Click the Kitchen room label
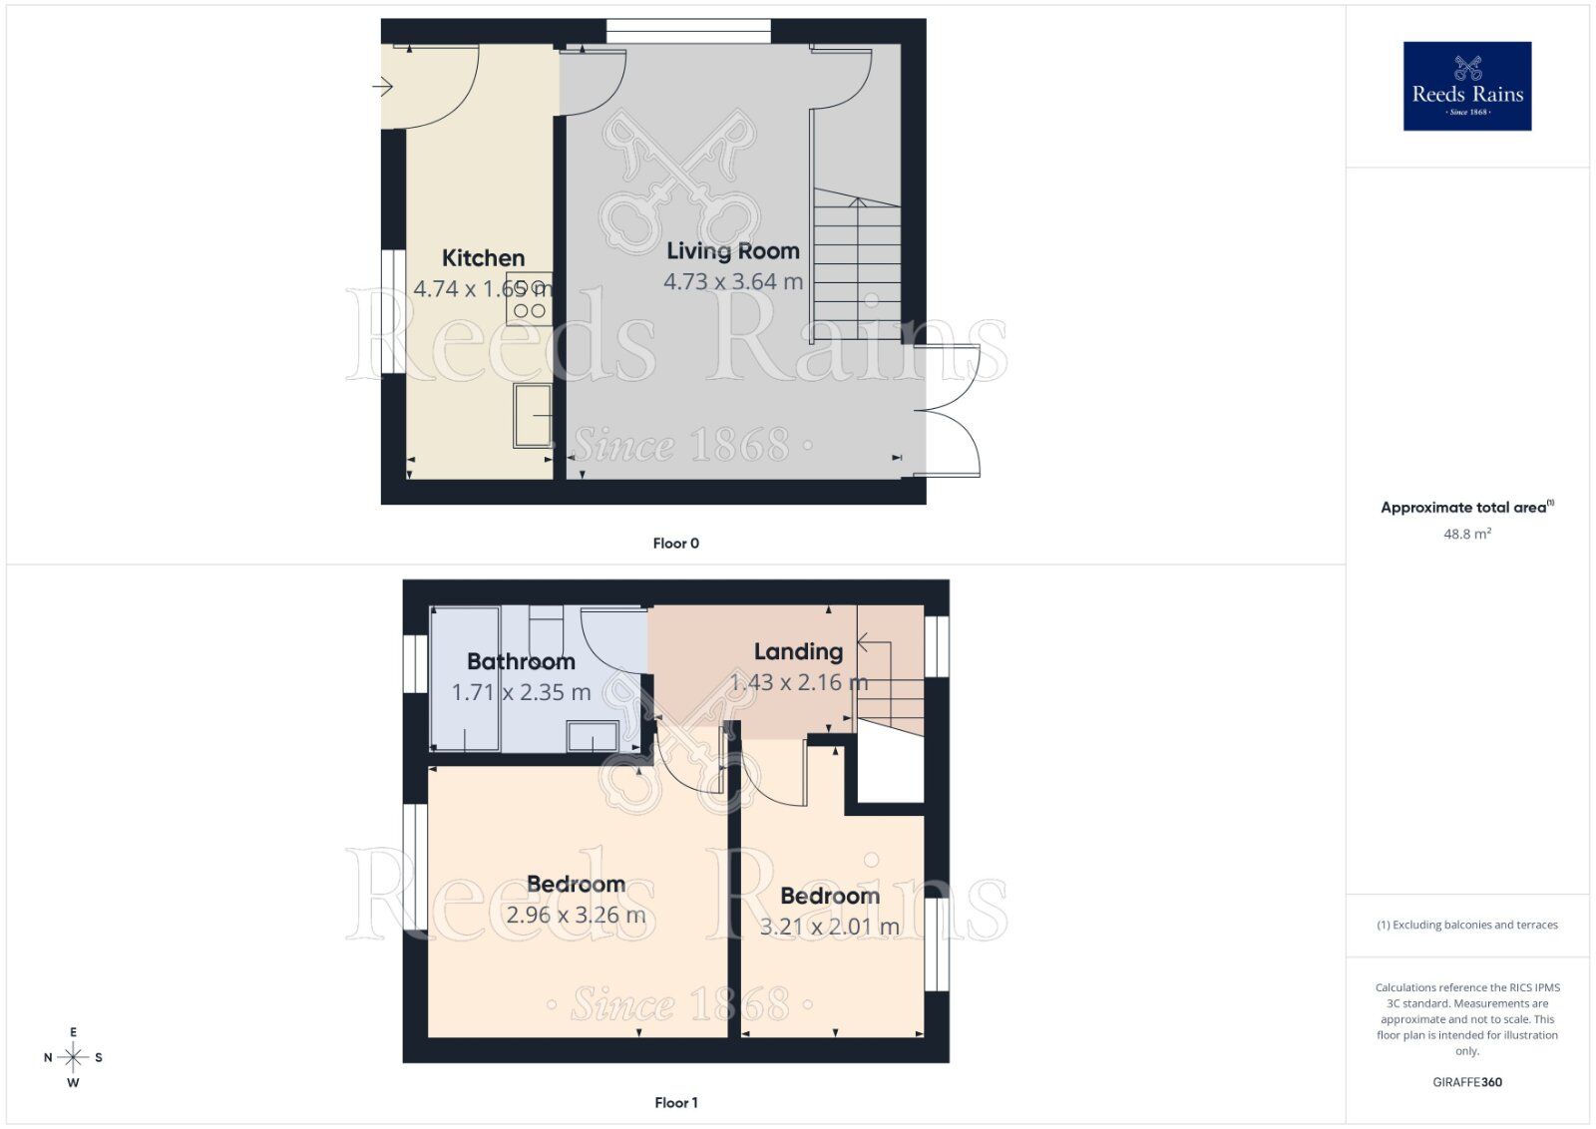point(483,258)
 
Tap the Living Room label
point(733,251)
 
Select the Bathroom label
point(521,661)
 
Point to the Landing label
point(798,651)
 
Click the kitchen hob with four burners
point(530,298)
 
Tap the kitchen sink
point(533,415)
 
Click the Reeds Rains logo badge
point(1466,86)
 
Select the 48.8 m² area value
point(1466,535)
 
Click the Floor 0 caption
point(675,544)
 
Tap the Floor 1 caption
point(675,1102)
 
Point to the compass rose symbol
point(73,1057)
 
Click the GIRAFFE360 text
point(1466,1082)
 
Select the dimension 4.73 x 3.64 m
point(733,282)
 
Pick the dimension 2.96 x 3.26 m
point(576,915)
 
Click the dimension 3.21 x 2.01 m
point(829,927)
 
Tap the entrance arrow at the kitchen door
point(383,88)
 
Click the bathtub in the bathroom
point(465,678)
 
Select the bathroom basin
point(592,737)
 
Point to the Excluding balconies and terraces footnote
point(1466,925)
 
